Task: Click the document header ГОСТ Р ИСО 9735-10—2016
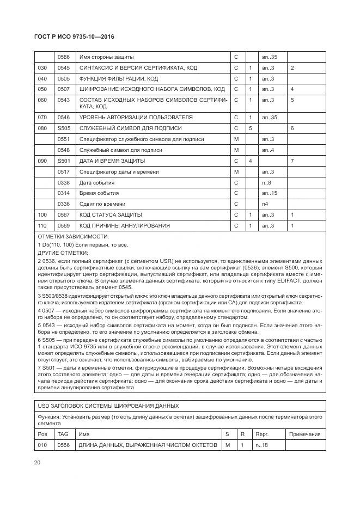75,37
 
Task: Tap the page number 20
37,463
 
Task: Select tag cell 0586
64,57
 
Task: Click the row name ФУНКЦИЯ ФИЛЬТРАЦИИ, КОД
119,78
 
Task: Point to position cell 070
42,117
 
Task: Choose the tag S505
64,128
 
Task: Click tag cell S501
64,161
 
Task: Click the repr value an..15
270,193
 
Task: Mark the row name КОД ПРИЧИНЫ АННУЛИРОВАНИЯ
125,225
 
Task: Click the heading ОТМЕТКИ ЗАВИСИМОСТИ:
73,236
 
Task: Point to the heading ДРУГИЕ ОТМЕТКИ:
64,253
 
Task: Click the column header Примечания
306,434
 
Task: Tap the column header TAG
63,434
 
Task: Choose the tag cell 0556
64,445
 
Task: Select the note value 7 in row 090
292,161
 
